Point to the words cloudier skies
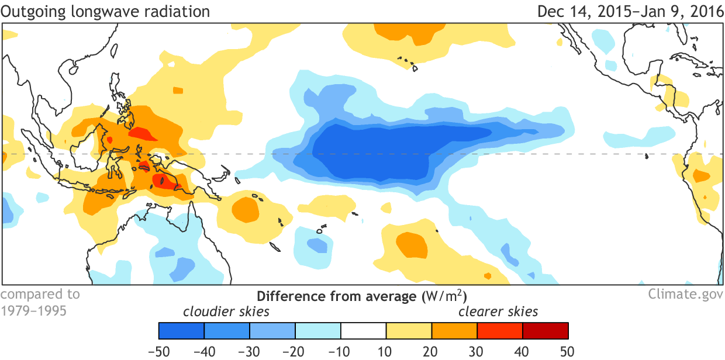click(x=227, y=311)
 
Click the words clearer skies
click(x=498, y=311)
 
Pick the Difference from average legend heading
click(x=362, y=295)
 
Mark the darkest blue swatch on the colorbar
click(x=181, y=330)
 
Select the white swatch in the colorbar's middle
click(x=363, y=330)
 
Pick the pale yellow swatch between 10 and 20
click(x=409, y=330)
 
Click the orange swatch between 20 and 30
click(x=454, y=330)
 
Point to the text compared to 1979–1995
click(x=40, y=302)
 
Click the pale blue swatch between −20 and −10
click(x=318, y=330)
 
